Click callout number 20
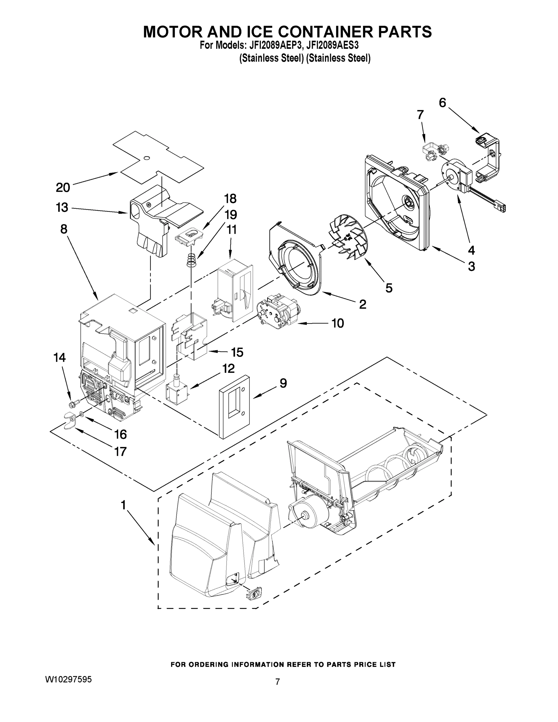pos(63,187)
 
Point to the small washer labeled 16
pos(81,414)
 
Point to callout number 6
pos(442,103)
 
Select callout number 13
pos(62,208)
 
